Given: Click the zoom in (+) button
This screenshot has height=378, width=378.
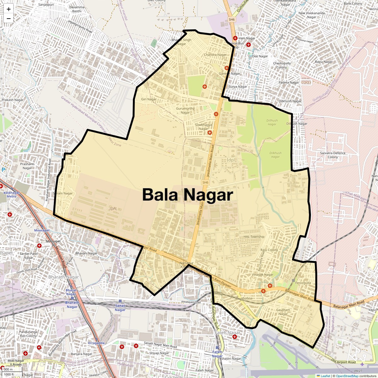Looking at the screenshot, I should [x=9, y=9].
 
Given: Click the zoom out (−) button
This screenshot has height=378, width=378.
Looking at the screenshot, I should [x=9, y=19].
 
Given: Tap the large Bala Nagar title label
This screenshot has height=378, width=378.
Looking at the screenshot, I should [x=188, y=195].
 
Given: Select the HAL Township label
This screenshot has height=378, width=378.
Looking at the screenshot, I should [x=254, y=237].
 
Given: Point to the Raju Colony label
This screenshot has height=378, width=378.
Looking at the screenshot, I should [x=269, y=250].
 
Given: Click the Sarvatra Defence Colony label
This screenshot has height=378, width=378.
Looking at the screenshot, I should [x=333, y=155].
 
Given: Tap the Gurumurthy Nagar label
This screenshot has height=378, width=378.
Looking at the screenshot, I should [x=185, y=111].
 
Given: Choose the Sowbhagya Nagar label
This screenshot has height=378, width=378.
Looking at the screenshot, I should [x=203, y=127].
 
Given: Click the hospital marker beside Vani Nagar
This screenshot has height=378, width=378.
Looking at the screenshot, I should [x=235, y=38].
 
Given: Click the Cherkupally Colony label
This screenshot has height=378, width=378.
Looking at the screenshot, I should [x=282, y=65].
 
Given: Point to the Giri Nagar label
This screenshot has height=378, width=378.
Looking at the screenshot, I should [x=149, y=99].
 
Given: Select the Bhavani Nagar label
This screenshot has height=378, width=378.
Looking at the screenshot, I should [x=86, y=253].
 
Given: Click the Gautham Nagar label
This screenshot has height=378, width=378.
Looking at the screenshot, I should [x=283, y=312].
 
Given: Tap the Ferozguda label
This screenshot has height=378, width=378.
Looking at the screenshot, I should [x=303, y=283].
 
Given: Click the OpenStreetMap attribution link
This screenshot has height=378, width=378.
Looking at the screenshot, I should [x=347, y=376].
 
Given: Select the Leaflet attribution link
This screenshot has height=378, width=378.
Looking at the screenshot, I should [x=325, y=376].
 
